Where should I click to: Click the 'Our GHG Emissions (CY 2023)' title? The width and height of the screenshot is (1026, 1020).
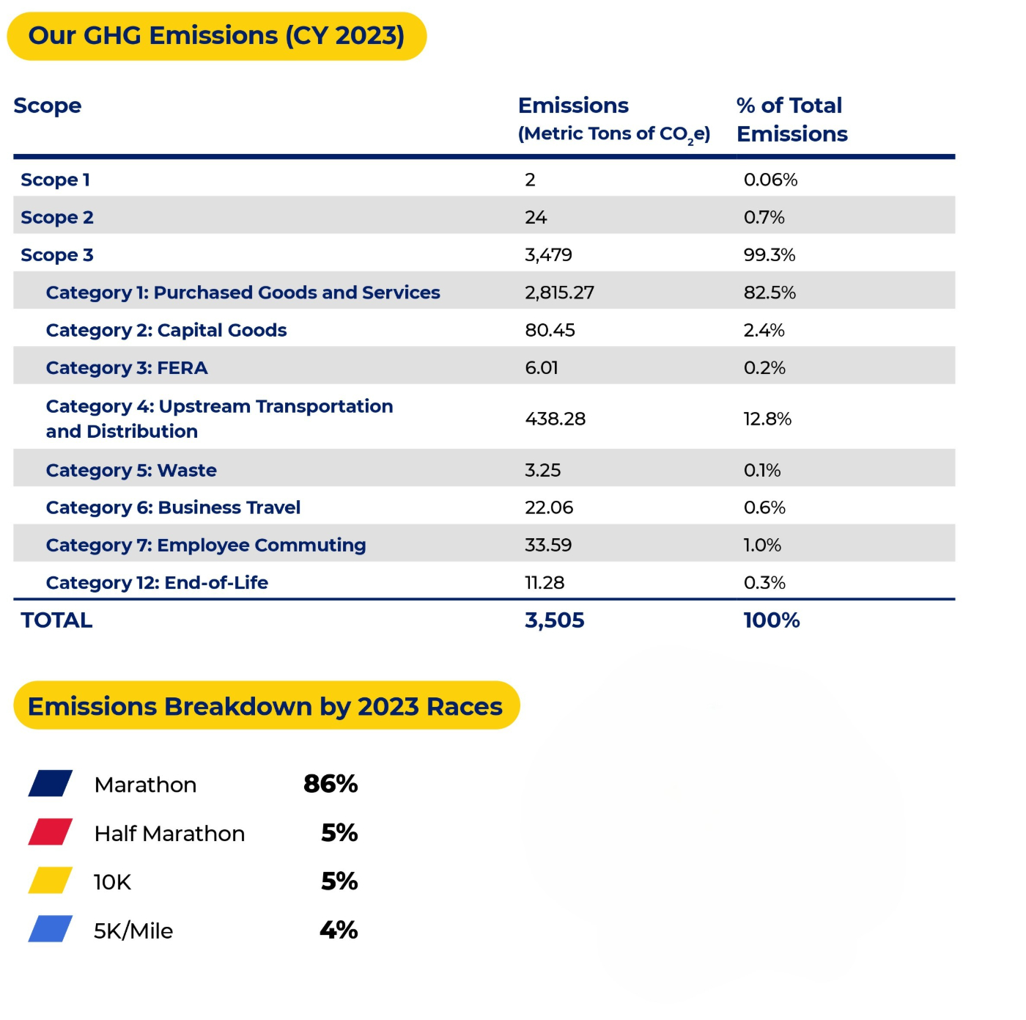pyautogui.click(x=216, y=36)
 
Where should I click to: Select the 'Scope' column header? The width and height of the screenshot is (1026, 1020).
pyautogui.click(x=48, y=106)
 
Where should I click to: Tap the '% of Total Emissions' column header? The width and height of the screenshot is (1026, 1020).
pyautogui.click(x=791, y=120)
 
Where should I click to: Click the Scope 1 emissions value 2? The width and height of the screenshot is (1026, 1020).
pyautogui.click(x=530, y=180)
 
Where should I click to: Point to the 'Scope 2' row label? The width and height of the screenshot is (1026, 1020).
pyautogui.click(x=57, y=218)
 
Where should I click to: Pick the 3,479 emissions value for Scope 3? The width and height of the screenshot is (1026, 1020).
pyautogui.click(x=548, y=255)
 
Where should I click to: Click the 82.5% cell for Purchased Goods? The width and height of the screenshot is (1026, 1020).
pyautogui.click(x=769, y=293)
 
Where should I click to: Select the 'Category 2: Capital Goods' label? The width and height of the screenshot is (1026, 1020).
pyautogui.click(x=166, y=331)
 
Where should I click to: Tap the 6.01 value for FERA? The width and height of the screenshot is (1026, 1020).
pyautogui.click(x=542, y=368)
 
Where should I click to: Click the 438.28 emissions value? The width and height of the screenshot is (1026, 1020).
pyautogui.click(x=556, y=419)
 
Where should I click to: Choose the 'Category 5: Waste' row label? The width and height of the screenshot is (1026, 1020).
pyautogui.click(x=131, y=471)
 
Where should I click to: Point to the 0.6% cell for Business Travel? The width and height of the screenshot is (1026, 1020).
pyautogui.click(x=764, y=507)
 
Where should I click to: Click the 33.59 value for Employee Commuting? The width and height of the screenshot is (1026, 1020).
pyautogui.click(x=548, y=546)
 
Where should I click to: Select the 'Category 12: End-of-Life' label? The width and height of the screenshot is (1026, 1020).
pyautogui.click(x=157, y=583)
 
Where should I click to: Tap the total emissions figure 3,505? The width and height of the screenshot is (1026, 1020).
pyautogui.click(x=555, y=620)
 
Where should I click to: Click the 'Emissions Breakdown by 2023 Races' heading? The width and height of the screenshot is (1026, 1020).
pyautogui.click(x=265, y=706)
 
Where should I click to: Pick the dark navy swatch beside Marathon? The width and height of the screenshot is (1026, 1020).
pyautogui.click(x=51, y=783)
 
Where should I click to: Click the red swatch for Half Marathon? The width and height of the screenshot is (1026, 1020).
pyautogui.click(x=51, y=832)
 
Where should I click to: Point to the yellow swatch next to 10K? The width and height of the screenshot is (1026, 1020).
pyautogui.click(x=51, y=881)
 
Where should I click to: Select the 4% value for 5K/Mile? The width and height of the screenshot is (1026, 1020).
pyautogui.click(x=339, y=930)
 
